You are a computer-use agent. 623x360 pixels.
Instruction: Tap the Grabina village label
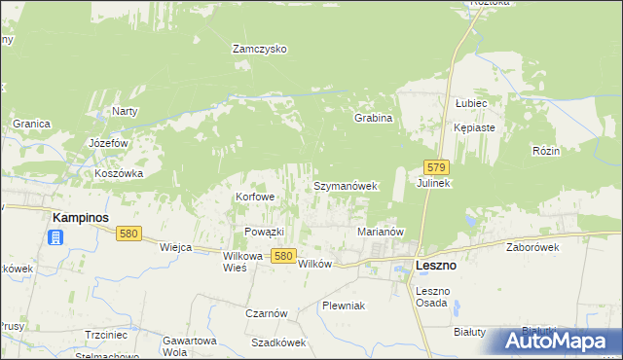373,119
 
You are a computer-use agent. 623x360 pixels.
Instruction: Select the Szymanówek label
345,185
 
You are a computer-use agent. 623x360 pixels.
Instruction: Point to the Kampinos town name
81,217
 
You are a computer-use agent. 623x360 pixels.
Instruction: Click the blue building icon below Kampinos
56,236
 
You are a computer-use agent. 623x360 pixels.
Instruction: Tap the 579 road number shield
436,167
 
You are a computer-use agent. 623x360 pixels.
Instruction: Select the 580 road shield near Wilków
282,255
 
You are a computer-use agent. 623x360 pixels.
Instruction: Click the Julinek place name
433,184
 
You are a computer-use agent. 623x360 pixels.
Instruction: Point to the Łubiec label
470,103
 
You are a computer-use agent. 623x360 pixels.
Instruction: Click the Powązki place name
264,232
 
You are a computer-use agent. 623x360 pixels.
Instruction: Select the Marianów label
381,233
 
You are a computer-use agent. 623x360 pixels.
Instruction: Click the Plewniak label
344,306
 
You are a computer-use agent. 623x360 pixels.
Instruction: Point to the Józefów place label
109,143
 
